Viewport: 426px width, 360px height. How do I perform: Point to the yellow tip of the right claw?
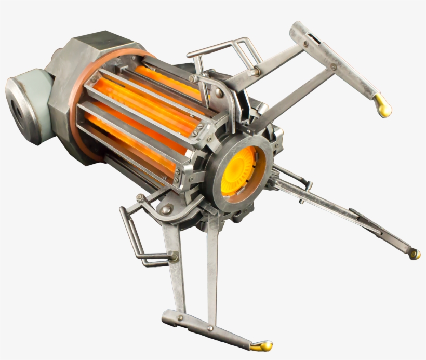coord(414,254)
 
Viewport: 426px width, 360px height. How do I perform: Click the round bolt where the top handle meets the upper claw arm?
coord(256,72)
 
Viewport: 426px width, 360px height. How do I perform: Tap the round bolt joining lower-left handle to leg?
coord(172,256)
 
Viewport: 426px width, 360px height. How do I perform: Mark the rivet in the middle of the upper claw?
coord(333,66)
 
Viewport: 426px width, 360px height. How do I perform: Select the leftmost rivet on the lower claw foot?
coord(180,317)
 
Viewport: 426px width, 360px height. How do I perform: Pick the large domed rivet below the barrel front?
coord(166,209)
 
